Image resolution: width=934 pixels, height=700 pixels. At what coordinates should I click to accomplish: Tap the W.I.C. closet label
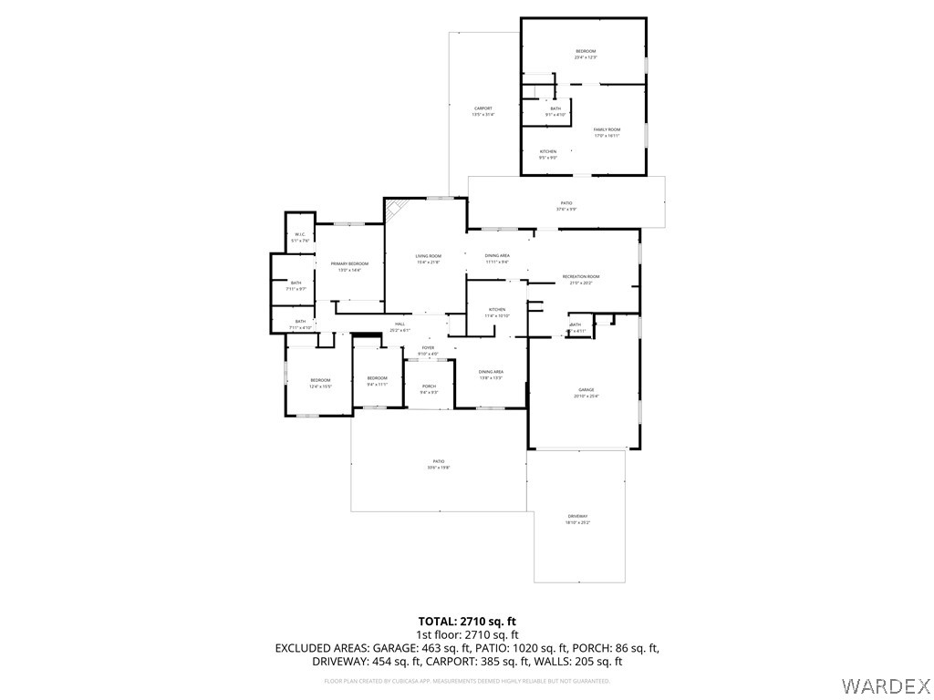pyautogui.click(x=299, y=235)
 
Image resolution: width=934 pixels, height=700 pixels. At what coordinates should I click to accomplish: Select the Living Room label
pyautogui.click(x=428, y=256)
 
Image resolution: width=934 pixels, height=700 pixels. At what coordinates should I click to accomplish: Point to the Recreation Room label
pyautogui.click(x=580, y=276)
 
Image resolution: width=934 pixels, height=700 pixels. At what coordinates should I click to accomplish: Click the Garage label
pyautogui.click(x=585, y=389)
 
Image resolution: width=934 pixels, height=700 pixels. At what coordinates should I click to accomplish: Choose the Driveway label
pyautogui.click(x=577, y=516)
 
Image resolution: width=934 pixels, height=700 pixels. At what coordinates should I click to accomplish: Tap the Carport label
pyautogui.click(x=483, y=108)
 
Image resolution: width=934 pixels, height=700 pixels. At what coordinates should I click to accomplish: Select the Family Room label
pyautogui.click(x=607, y=129)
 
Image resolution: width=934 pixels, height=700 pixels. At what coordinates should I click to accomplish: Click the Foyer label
pyautogui.click(x=428, y=348)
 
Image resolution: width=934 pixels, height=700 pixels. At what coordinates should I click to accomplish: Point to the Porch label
pyautogui.click(x=428, y=386)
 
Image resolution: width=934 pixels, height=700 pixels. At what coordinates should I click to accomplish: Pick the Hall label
pyautogui.click(x=400, y=324)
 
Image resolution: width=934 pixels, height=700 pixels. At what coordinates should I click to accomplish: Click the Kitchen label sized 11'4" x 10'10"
pyautogui.click(x=497, y=310)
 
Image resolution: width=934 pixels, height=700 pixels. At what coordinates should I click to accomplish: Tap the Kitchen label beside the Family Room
pyautogui.click(x=547, y=151)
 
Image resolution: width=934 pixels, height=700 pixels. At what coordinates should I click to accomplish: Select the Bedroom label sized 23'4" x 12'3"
pyautogui.click(x=585, y=51)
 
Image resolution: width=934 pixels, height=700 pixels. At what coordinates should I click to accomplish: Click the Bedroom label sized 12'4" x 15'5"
pyautogui.click(x=319, y=380)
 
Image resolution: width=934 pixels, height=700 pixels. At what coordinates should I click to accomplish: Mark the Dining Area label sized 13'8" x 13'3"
pyautogui.click(x=491, y=372)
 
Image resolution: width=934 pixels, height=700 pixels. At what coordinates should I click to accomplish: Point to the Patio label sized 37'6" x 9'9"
pyautogui.click(x=566, y=203)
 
